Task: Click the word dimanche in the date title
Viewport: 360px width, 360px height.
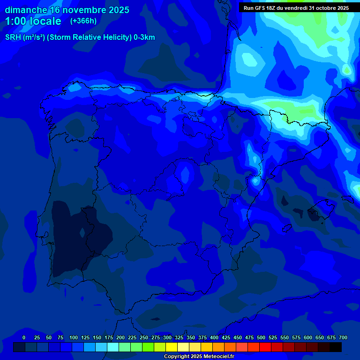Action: (x=26, y=10)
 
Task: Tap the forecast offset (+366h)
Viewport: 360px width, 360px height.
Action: (x=83, y=21)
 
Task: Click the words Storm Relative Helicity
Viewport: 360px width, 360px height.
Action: (x=89, y=37)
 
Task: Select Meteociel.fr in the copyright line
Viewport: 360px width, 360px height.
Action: (x=218, y=357)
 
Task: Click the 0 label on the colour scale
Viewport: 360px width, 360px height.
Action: (x=24, y=338)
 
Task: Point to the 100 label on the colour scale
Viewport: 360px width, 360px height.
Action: (x=74, y=338)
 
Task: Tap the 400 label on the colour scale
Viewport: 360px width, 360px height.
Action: (x=214, y=338)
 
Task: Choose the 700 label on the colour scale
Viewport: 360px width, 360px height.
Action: (x=343, y=338)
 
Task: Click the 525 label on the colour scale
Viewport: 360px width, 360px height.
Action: (x=273, y=338)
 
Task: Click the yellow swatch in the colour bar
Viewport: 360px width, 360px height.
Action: (x=172, y=347)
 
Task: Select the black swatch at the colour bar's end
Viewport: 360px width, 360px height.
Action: (x=336, y=347)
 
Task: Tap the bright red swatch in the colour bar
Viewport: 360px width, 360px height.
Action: (x=265, y=347)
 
